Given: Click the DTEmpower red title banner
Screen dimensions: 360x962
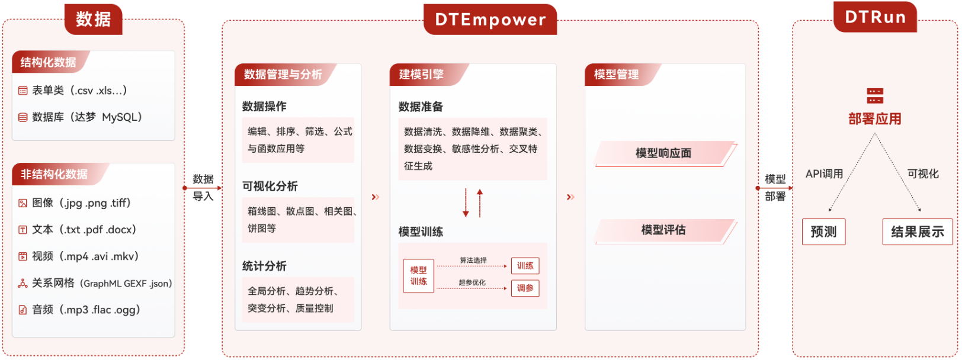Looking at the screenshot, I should pos(490,20).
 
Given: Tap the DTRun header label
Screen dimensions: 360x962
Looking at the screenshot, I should pos(874,17).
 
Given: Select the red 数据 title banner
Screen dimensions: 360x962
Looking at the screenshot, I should pos(93,19).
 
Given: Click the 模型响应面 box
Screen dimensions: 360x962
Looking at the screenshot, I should pos(663,153).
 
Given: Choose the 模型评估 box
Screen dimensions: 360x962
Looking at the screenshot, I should pos(663,230).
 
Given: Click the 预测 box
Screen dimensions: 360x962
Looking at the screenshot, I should pos(823,232).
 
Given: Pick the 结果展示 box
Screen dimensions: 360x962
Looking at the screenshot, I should pos(917,232).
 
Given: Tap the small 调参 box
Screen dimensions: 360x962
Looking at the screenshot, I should pos(525,288).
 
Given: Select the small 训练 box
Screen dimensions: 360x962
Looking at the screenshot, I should pos(525,266).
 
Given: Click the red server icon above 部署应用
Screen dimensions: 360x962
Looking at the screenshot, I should pos(874,96).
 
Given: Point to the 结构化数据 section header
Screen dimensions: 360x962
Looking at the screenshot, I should pos(49,62).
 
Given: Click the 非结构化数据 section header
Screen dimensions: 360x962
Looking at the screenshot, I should pos(54,174).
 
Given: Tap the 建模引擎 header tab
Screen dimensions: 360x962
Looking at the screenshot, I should pos(421,75).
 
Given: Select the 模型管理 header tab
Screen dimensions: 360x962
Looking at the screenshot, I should pos(616,75).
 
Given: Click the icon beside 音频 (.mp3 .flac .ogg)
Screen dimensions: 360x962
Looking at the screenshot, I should pos(23,310).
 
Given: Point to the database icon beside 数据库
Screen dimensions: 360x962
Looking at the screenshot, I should pos(23,117).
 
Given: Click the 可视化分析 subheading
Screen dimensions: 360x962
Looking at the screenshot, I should pos(270,187).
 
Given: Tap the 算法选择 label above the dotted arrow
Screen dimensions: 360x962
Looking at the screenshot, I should pos(473,261).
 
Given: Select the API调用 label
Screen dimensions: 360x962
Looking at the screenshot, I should pos(824,174).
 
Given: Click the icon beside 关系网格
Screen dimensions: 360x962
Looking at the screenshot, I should pos(23,283).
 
